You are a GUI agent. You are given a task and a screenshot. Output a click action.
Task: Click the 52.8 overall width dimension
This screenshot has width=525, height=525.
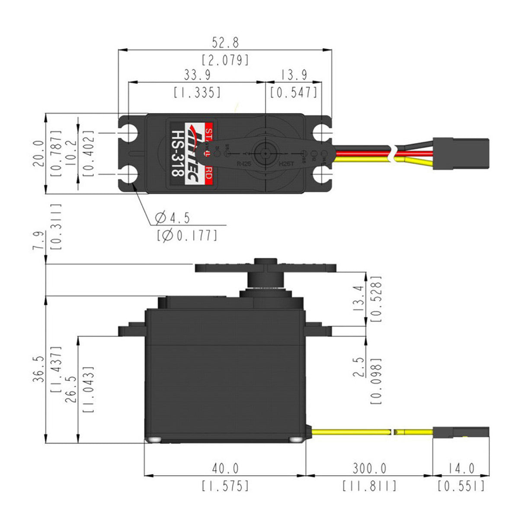pos(225,43)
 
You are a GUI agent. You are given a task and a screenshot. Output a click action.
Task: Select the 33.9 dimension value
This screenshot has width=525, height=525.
pos(197,75)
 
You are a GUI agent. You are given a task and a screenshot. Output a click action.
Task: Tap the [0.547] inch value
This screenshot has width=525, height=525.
pos(294,92)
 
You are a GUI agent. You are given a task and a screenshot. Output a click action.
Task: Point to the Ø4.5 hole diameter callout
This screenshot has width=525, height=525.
pos(173,218)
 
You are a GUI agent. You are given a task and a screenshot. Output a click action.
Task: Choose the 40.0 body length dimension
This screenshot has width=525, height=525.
pos(225,468)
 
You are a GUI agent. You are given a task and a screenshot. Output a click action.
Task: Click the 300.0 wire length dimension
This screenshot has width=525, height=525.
pos(369,468)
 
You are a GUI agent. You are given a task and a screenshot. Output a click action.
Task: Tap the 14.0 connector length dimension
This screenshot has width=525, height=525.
pos(461,468)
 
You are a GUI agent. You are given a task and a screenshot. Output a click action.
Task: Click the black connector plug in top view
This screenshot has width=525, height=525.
pos(461,154)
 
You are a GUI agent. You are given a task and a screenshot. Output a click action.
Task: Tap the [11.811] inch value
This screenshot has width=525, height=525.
pos(369,486)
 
